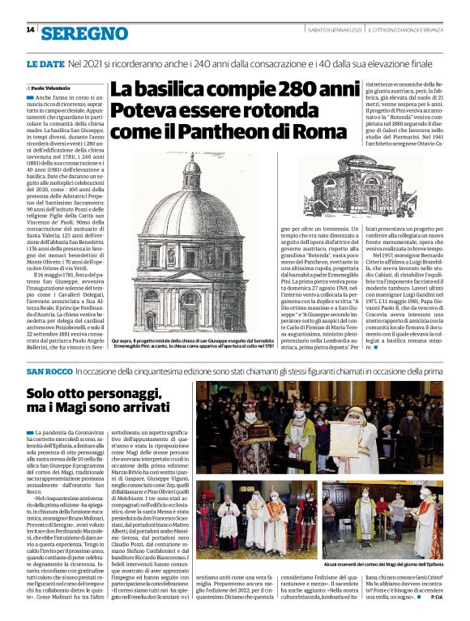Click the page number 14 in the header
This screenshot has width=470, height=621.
point(30,30)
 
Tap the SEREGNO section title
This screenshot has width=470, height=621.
point(85,32)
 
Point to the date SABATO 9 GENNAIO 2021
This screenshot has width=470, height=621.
point(328,31)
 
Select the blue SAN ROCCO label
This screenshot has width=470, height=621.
point(49,371)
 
